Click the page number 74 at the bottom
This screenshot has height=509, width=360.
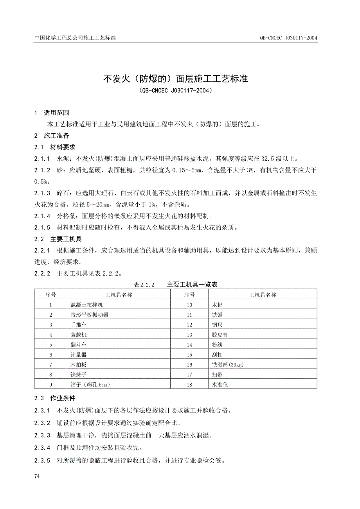[37, 476]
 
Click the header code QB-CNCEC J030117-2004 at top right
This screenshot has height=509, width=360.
[288, 38]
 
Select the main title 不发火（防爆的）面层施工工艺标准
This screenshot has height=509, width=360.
[176, 79]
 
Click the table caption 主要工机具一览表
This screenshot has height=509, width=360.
[192, 285]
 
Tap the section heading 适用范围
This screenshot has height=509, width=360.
[56, 113]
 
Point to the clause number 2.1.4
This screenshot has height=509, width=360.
[42, 216]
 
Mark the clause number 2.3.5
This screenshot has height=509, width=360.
[42, 461]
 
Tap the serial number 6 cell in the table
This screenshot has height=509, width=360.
[51, 355]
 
